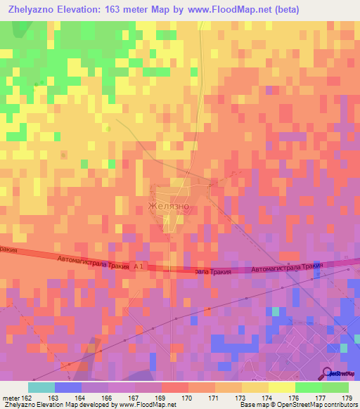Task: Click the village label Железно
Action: click(x=169, y=206)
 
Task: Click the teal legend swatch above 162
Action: click(x=41, y=387)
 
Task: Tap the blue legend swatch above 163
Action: click(x=68, y=387)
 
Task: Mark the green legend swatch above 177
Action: click(x=309, y=387)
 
